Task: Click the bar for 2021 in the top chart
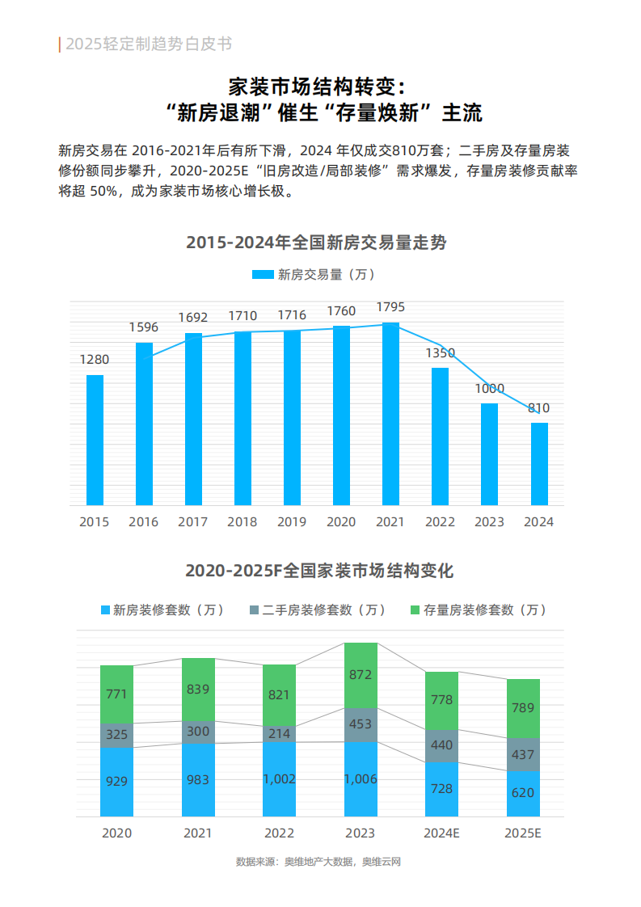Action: pos(390,414)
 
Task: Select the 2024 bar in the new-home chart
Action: pos(539,464)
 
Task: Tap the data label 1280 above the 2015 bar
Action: pos(95,360)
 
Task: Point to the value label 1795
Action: pos(390,308)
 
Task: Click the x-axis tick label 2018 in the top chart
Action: pos(242,522)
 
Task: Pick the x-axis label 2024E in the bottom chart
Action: pos(441,833)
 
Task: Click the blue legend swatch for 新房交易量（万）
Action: pos(263,275)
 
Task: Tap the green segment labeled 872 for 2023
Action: pos(361,675)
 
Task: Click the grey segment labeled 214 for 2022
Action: pos(280,732)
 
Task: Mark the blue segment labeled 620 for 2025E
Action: pos(523,793)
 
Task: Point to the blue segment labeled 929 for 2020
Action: pos(116,782)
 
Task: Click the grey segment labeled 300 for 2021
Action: pos(198,732)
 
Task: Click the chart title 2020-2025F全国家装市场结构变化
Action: pos(319,571)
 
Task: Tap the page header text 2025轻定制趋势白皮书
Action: pos(149,44)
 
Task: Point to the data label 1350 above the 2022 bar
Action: pos(441,353)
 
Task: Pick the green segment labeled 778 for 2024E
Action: pos(441,700)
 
